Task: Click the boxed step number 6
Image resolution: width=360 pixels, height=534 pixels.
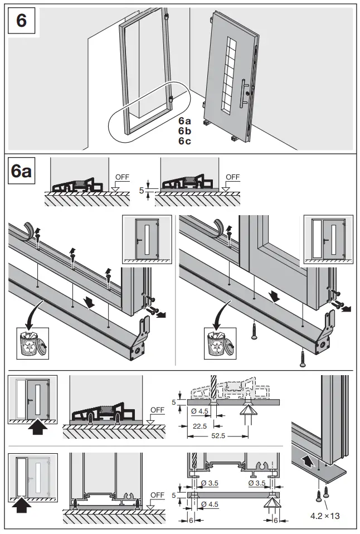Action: pyautogui.click(x=21, y=21)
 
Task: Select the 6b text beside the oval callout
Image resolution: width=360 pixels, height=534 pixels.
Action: pyautogui.click(x=184, y=130)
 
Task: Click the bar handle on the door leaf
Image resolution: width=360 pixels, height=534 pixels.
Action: pyautogui.click(x=244, y=94)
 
